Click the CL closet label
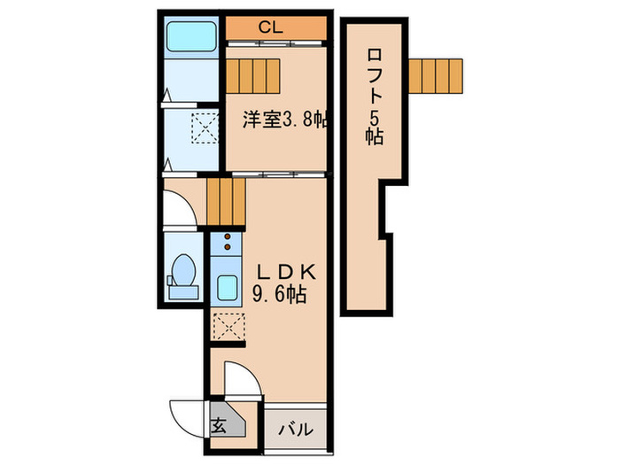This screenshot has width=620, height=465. coord(270,27)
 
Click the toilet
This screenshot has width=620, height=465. coord(184,272)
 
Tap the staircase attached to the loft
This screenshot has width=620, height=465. coord(436,75)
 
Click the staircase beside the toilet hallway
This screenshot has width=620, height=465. coord(225,201)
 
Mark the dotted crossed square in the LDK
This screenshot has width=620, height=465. coord(228,327)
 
